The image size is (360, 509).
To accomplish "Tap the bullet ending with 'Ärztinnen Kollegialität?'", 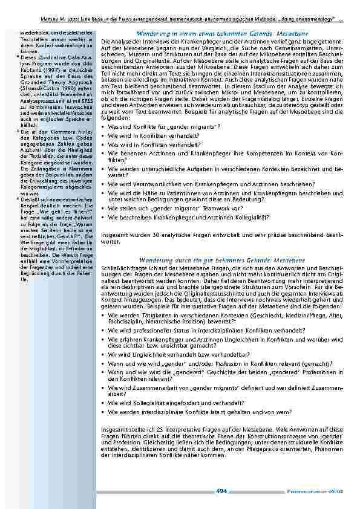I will [x=189, y=216].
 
